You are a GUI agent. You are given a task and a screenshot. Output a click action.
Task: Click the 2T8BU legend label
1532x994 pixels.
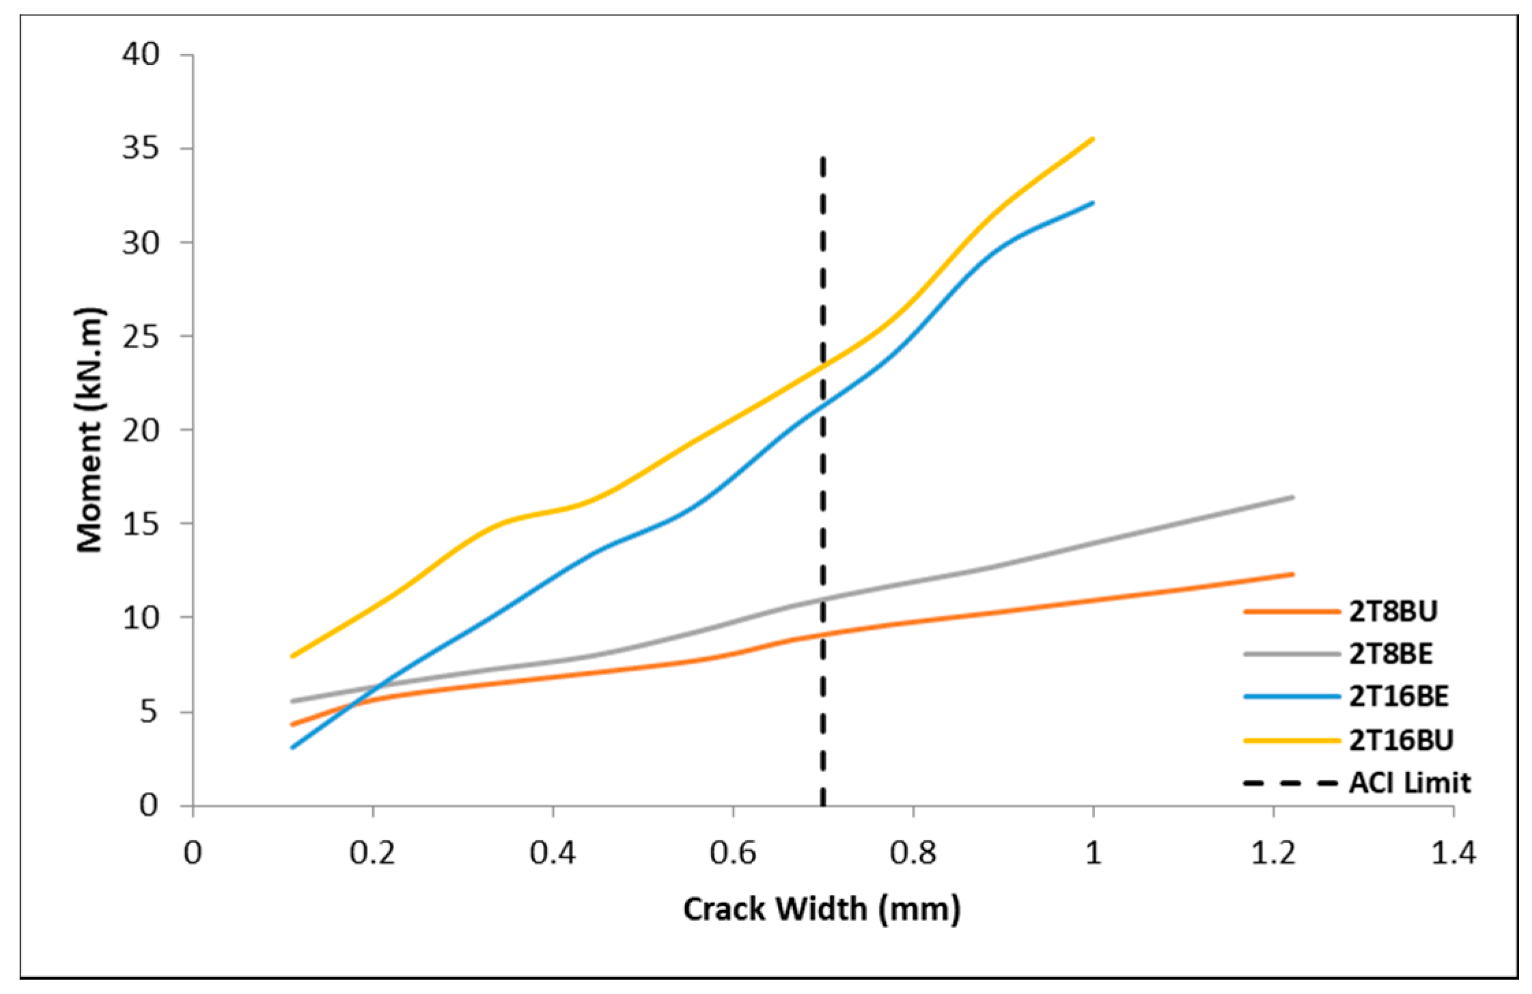click(1393, 611)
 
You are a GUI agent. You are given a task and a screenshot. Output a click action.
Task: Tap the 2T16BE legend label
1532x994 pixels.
click(1398, 697)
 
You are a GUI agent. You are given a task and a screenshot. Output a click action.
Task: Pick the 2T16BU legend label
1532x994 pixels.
click(1400, 740)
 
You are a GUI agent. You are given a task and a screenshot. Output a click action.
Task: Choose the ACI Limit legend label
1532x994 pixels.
click(1409, 783)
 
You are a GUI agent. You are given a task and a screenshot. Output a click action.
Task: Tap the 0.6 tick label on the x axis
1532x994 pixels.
click(733, 853)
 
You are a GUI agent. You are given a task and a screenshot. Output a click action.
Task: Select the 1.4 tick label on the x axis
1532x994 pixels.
click(1453, 853)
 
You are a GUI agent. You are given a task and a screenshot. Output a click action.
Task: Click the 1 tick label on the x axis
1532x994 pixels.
click(1093, 853)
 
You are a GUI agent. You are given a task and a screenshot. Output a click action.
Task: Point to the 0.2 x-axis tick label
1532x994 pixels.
click(372, 853)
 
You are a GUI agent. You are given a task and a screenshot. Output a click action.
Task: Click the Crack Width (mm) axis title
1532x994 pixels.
click(822, 909)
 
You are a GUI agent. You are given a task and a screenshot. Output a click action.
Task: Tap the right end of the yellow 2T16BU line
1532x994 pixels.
click(1093, 139)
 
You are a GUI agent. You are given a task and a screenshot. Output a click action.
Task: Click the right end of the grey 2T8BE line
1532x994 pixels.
click(1293, 497)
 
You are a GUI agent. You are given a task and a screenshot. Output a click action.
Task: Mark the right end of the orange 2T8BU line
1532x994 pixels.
click(1293, 574)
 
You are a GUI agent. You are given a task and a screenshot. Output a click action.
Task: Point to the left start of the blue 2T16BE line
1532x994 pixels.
click(292, 747)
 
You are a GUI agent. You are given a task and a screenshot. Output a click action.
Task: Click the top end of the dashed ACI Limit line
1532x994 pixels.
click(823, 158)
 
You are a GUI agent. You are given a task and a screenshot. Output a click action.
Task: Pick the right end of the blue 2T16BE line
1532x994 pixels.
click(1093, 203)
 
